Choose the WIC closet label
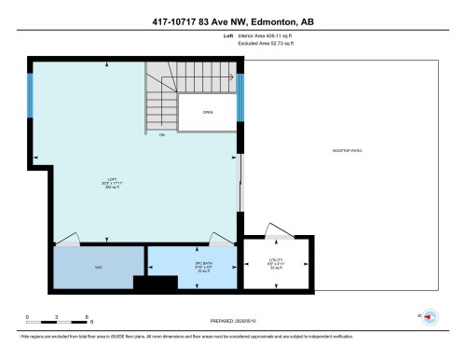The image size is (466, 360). tap(97, 268)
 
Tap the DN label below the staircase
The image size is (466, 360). tap(161, 136)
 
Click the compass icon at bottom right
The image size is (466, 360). tap(431, 316)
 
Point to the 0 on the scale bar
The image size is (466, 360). tap(27, 317)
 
